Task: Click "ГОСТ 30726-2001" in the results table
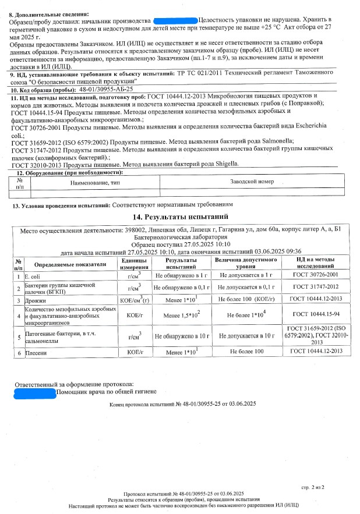[x=317, y=275]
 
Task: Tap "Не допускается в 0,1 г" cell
[x=245, y=287]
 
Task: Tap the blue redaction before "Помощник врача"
[x=34, y=393]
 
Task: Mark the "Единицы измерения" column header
[x=135, y=264]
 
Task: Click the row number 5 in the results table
[x=19, y=336]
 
